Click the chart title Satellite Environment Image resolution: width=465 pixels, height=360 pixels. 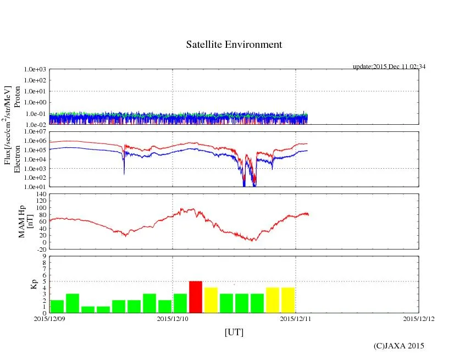234,45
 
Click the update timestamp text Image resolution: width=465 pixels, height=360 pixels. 389,67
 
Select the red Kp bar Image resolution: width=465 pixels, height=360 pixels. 196,297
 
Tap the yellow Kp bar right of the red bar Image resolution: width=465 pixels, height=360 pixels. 211,300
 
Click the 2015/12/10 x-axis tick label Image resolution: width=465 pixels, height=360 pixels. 173,319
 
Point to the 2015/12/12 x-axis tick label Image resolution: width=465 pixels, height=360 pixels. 419,319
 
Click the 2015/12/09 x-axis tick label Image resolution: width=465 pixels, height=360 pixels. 49,319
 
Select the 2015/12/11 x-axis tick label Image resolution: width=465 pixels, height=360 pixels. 296,319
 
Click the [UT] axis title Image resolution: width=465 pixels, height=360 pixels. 234,332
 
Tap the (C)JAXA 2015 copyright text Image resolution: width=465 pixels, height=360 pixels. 399,346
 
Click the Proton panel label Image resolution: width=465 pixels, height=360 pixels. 17,97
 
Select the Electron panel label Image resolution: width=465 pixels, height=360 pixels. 17,159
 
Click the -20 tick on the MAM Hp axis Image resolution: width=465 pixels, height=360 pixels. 40,249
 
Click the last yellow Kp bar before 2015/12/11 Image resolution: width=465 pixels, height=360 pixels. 288,300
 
